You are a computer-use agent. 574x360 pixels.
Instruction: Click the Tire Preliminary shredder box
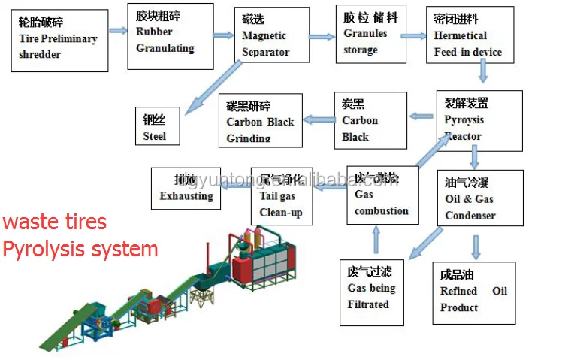tap(59, 40)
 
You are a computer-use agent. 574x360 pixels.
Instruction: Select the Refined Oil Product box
tap(473, 292)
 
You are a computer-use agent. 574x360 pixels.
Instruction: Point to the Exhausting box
tap(186, 189)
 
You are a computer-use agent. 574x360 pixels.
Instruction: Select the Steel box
tap(159, 126)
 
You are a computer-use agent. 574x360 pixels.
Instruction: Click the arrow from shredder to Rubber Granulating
tap(118, 31)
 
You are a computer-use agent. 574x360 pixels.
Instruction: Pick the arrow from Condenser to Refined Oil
tap(475, 247)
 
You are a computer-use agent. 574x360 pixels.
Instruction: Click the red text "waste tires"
tap(55, 222)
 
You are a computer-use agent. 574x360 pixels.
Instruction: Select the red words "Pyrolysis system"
tap(80, 249)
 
